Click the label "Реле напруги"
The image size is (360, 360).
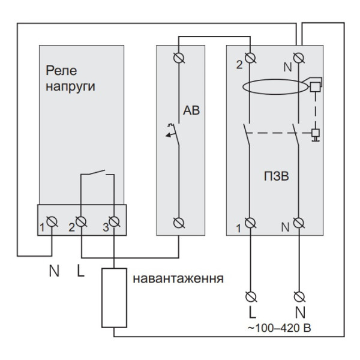[71, 78]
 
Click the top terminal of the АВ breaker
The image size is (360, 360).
[179, 58]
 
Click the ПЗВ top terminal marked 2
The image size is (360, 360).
[250, 58]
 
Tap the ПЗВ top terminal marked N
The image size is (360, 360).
[299, 58]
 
